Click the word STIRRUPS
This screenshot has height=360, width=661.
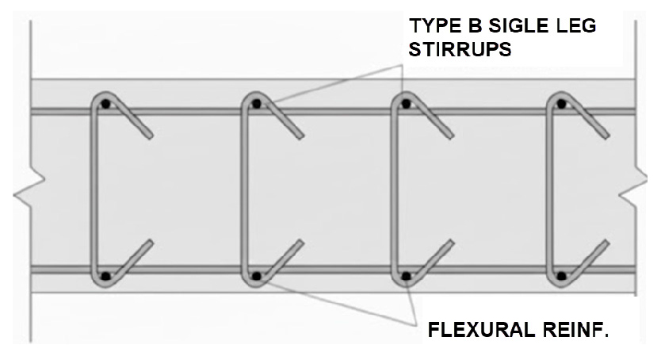[460, 50]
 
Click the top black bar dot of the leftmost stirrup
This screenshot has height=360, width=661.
[105, 103]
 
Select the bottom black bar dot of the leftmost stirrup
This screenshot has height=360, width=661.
[105, 277]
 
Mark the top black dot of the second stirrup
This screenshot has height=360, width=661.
[256, 103]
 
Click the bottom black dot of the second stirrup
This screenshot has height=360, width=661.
[256, 277]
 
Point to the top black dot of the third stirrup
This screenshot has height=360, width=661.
[406, 103]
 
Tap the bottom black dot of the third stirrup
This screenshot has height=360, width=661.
[406, 277]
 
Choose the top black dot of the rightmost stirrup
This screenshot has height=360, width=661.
[561, 103]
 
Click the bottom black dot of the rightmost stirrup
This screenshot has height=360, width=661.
[561, 277]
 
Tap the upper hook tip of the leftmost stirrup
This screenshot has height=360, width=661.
[150, 136]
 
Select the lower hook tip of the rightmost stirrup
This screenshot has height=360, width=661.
[607, 243]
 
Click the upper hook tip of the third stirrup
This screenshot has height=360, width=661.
[452, 136]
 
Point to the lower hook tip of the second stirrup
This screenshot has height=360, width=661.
[301, 243]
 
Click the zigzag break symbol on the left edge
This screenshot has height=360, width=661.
[29, 189]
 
